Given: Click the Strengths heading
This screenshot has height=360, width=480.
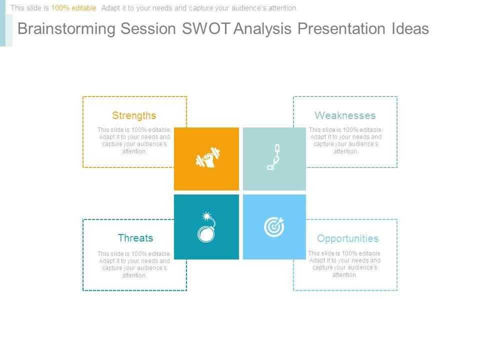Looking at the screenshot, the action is tap(134, 115).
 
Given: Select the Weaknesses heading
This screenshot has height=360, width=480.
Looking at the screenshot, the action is tap(345, 115).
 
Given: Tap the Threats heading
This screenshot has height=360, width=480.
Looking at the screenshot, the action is tap(135, 238).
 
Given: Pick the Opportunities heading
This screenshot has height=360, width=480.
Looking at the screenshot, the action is tap(348, 239).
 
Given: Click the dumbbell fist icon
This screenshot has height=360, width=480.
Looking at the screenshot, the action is tap(208, 157).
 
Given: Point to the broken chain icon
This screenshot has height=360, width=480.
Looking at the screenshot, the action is tap(273, 157).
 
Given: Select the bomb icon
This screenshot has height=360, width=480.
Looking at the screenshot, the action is tap(206, 227).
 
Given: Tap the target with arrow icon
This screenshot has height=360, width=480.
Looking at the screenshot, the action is tap(274, 227).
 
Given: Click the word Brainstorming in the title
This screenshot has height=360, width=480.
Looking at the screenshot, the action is tap(66, 29).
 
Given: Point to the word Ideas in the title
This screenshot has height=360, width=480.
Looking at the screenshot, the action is tap(410, 28).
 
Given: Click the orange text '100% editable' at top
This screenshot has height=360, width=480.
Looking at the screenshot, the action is tap(74, 8).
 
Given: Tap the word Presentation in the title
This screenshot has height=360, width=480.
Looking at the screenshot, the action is tap(341, 28).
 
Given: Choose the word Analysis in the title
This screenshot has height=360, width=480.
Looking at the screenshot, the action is tap(262, 29).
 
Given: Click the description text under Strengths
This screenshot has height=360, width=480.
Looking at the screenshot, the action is tap(134, 140).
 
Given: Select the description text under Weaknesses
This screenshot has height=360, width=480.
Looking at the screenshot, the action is tap(345, 140).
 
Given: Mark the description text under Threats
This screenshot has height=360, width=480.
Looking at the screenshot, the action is tap(134, 264).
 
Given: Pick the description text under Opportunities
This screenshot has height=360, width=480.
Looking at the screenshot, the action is tap(344, 264).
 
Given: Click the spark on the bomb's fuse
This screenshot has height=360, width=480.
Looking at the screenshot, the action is tap(206, 216).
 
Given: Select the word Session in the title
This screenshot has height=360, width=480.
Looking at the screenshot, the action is tap(148, 28).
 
